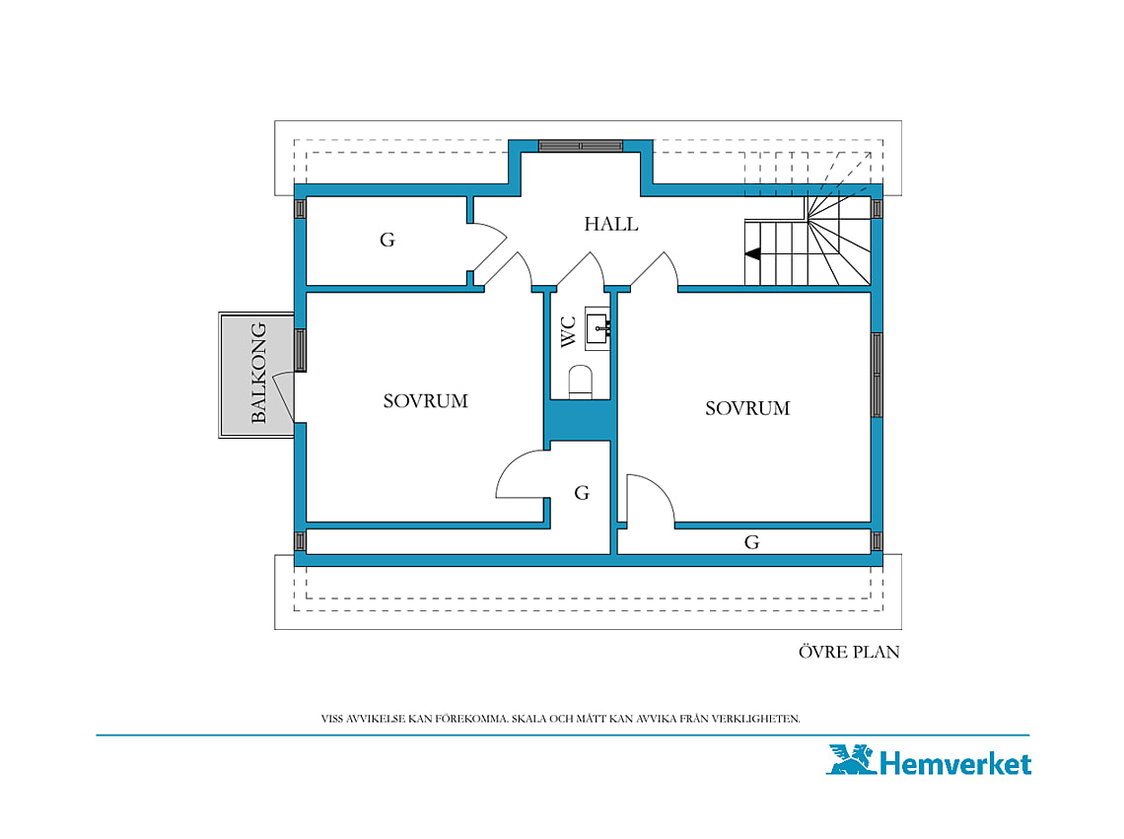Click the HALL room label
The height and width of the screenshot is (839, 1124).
610,224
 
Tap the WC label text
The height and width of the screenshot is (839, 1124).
569,332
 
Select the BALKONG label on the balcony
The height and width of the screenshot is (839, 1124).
258,373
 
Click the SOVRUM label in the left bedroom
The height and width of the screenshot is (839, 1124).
425,401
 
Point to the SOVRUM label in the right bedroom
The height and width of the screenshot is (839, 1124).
747,408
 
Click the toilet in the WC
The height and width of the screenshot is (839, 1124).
580,382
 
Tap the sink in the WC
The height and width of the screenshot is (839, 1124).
597,328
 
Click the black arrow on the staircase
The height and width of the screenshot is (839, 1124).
752,253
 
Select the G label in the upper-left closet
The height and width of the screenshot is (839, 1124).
387,240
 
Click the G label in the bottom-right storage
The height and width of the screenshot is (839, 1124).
751,542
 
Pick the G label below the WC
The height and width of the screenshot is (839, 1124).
582,493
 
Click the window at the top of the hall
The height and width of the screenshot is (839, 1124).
581,146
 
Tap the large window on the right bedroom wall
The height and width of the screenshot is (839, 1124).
877,375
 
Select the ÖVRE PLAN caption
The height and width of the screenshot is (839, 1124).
849,652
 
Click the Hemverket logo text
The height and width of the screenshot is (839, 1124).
954,763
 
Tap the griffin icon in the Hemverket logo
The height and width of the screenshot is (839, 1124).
852,759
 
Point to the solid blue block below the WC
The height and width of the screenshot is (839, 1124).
580,420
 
